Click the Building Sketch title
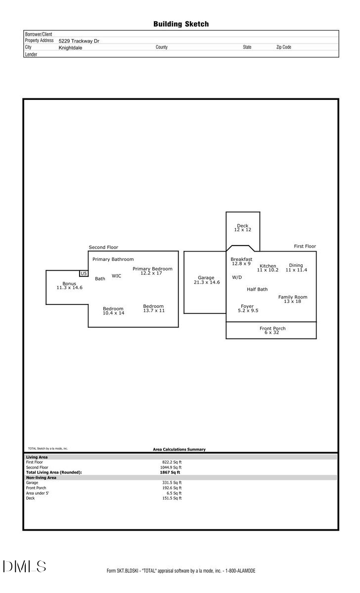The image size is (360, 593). pyautogui.click(x=180, y=24)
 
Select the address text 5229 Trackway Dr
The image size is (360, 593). pyautogui.click(x=79, y=41)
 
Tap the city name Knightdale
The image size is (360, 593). pyautogui.click(x=70, y=48)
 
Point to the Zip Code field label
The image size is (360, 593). pyautogui.click(x=283, y=47)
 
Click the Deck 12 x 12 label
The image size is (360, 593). pyautogui.click(x=243, y=228)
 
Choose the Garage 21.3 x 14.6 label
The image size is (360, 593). pyautogui.click(x=206, y=280)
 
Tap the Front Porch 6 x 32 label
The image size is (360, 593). pyautogui.click(x=272, y=331)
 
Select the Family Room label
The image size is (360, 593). pyautogui.click(x=292, y=299)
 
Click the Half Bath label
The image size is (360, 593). pyautogui.click(x=257, y=289)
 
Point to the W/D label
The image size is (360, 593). pyautogui.click(x=237, y=277)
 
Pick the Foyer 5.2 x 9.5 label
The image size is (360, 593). pyautogui.click(x=248, y=308)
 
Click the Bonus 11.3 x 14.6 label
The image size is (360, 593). pyautogui.click(x=69, y=285)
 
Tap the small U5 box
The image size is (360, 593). pyautogui.click(x=84, y=273)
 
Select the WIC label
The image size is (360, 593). pyautogui.click(x=116, y=276)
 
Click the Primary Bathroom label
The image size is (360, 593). pyautogui.click(x=113, y=259)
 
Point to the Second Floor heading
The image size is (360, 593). pyautogui.click(x=103, y=247)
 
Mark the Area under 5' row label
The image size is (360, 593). pyautogui.click(x=38, y=493)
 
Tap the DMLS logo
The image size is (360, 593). pyautogui.click(x=24, y=566)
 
